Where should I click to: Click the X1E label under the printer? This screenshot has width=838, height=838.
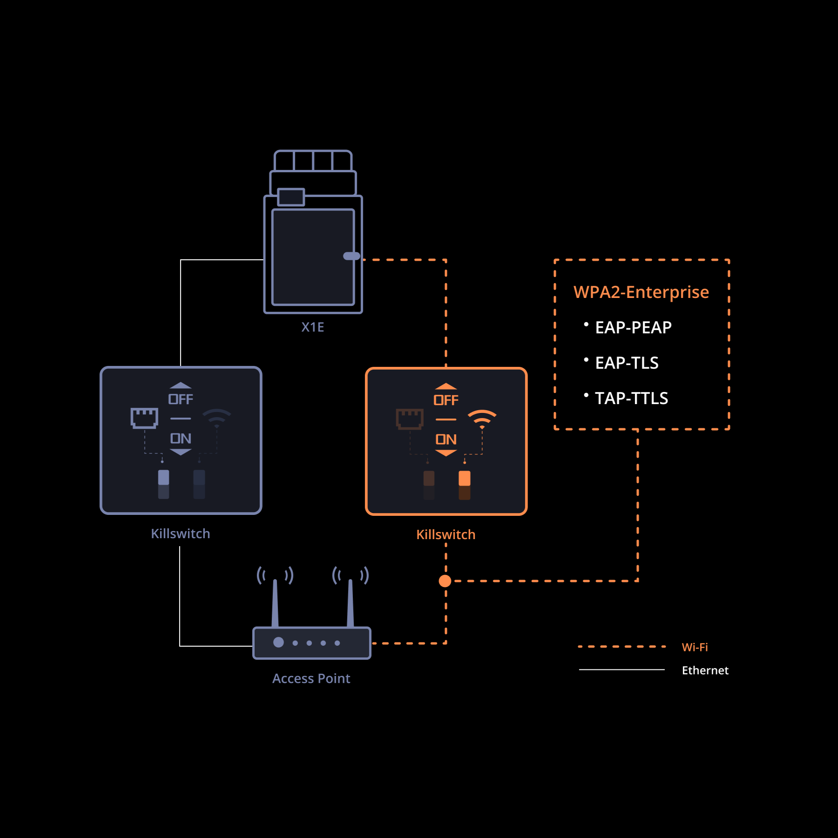312,327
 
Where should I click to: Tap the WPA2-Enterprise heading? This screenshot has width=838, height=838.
641,292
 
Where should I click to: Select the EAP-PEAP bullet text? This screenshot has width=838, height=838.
633,327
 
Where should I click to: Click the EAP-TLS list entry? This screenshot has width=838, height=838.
627,363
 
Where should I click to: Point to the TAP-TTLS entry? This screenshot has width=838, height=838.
631,398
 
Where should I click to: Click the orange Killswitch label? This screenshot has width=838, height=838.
446,534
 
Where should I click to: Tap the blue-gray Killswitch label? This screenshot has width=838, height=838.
180,534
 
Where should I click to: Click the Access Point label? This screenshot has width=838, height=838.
311,678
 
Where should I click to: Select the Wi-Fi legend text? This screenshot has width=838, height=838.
695,647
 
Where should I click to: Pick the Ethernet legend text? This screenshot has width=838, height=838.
705,670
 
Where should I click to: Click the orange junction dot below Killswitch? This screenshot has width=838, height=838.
445,581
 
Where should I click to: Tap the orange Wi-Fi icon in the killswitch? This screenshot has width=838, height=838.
482,419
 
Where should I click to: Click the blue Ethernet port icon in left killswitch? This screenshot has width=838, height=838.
144,418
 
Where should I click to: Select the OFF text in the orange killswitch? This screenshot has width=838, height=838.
446,400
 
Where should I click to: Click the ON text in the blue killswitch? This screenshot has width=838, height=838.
181,439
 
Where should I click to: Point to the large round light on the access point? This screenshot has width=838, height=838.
278,642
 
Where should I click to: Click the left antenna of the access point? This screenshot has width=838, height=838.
275,603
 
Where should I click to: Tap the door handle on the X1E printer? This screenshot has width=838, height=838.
351,256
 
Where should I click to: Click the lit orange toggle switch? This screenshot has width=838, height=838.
464,479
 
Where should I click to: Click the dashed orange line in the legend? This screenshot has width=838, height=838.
622,647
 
